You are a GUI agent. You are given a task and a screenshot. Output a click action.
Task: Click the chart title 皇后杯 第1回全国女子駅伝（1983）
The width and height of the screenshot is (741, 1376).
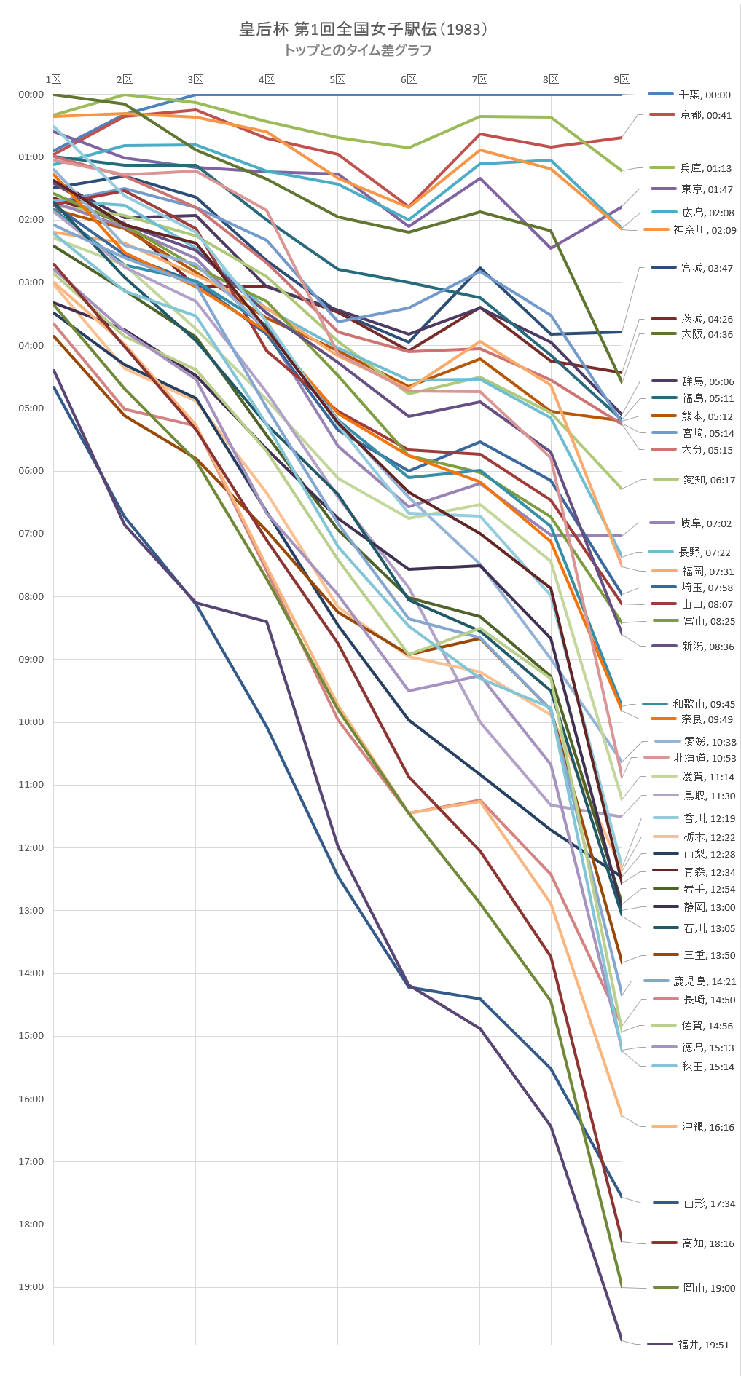pyautogui.click(x=363, y=29)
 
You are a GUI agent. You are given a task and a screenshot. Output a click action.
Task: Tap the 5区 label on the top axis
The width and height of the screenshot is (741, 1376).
pyautogui.click(x=337, y=79)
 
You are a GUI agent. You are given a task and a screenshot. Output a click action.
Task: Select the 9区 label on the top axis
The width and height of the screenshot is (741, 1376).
pyautogui.click(x=621, y=79)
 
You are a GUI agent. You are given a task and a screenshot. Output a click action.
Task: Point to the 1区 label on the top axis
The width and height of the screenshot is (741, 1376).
pyautogui.click(x=53, y=79)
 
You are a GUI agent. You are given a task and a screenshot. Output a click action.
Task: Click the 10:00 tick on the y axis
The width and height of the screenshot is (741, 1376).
pyautogui.click(x=31, y=721)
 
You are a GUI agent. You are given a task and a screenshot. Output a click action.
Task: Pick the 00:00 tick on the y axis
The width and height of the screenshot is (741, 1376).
pyautogui.click(x=31, y=94)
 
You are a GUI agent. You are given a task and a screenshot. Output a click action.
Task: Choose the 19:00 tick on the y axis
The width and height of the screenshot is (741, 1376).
pyautogui.click(x=31, y=1286)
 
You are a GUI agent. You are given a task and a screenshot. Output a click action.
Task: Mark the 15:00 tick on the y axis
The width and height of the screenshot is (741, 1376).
pyautogui.click(x=31, y=1035)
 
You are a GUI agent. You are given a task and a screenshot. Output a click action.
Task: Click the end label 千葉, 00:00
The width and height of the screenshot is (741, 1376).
pyautogui.click(x=704, y=95)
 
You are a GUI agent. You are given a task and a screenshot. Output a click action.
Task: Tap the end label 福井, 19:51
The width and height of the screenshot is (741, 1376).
pyautogui.click(x=703, y=1345)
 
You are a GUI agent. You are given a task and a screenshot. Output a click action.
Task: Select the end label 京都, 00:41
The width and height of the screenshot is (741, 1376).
pyautogui.click(x=705, y=115)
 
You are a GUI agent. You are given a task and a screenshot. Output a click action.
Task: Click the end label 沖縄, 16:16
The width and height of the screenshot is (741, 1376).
pyautogui.click(x=707, y=1127)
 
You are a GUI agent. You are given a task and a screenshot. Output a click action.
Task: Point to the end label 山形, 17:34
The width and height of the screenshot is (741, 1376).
pyautogui.click(x=709, y=1203)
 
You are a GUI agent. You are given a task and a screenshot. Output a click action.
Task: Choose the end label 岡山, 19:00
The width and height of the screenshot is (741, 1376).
pyautogui.click(x=709, y=1288)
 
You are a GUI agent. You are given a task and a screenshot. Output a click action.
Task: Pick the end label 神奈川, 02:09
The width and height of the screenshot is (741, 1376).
pyautogui.click(x=705, y=230)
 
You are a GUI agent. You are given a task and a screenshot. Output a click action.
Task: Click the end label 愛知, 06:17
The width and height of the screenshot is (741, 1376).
pyautogui.click(x=709, y=480)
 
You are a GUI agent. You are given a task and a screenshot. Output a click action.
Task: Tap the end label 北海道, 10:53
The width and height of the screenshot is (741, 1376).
pyautogui.click(x=705, y=758)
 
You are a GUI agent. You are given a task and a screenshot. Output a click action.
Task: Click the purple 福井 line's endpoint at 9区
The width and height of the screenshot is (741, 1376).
pyautogui.click(x=622, y=1340)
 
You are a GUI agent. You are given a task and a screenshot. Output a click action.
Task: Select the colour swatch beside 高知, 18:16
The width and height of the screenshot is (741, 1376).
pyautogui.click(x=665, y=1243)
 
